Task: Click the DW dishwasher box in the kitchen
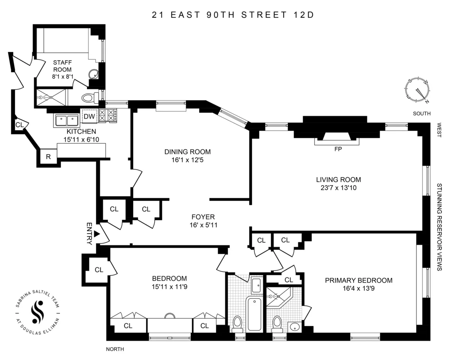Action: [x=89, y=116]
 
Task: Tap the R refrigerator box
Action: [x=48, y=157]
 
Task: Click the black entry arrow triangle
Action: [x=96, y=234]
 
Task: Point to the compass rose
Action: [x=417, y=90]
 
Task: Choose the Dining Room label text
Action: [x=187, y=152]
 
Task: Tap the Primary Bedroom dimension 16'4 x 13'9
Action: [x=358, y=289]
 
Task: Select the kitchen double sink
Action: [x=66, y=121]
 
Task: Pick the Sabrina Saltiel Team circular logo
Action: [x=37, y=312]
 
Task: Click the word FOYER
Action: [x=203, y=217]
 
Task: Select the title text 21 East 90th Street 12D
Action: [x=232, y=15]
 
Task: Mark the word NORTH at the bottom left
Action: [x=115, y=349]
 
